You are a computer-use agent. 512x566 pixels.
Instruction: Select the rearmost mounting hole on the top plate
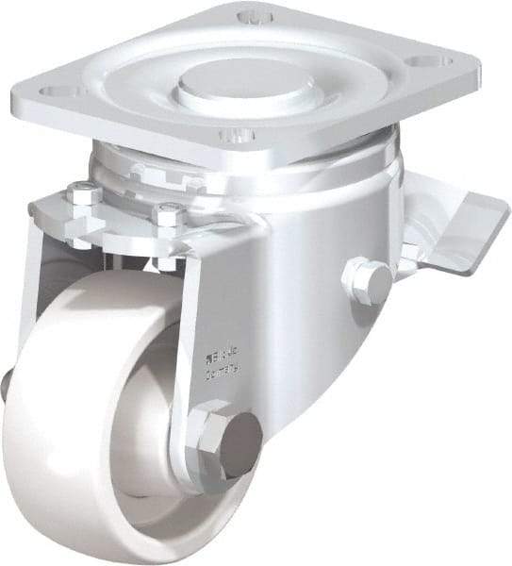pyautogui.click(x=252, y=17)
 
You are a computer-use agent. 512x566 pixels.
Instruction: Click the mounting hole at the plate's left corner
pyautogui.click(x=58, y=92)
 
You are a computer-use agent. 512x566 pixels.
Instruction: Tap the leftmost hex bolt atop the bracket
pyautogui.click(x=83, y=194)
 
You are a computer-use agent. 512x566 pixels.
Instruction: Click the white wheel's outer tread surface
pyautogui.click(x=57, y=443)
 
